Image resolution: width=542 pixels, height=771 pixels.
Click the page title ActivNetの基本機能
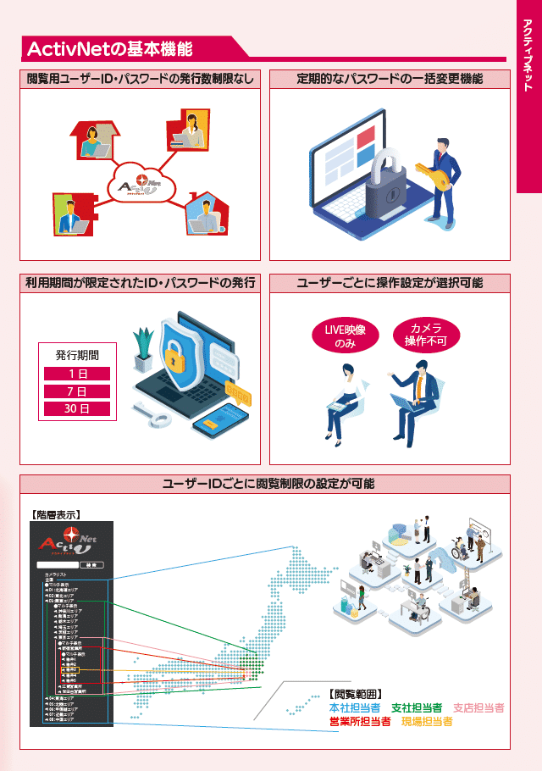pos(110,48)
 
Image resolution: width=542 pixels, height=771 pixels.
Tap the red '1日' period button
pos(77,374)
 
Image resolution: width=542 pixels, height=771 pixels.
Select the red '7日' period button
pos(77,391)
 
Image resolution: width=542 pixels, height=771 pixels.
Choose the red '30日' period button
pos(77,409)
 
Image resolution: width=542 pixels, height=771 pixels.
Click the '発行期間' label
pos(77,355)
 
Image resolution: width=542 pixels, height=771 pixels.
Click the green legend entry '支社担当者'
pos(416,708)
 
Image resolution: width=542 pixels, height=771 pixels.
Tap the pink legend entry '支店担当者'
pos(478,708)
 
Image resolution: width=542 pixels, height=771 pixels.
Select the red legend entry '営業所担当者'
pos(359,722)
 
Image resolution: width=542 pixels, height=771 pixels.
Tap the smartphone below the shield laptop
pos(219,424)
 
